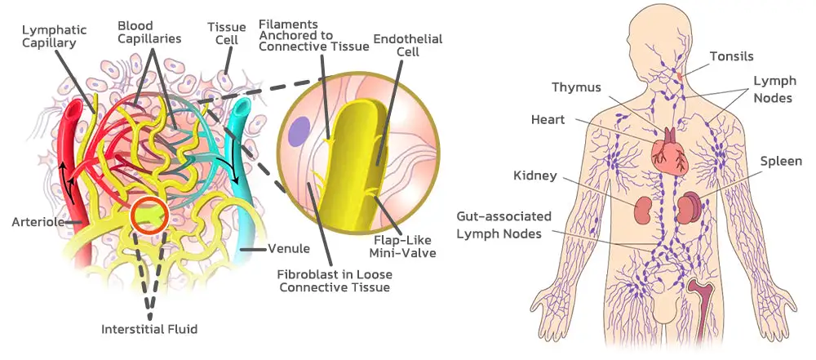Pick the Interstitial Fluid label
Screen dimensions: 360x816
[x=149, y=329]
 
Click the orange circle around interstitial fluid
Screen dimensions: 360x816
[x=149, y=216]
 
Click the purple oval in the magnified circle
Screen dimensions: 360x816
[x=299, y=131]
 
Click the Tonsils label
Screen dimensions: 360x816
[x=731, y=56]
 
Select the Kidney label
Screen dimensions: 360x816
[x=535, y=176]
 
